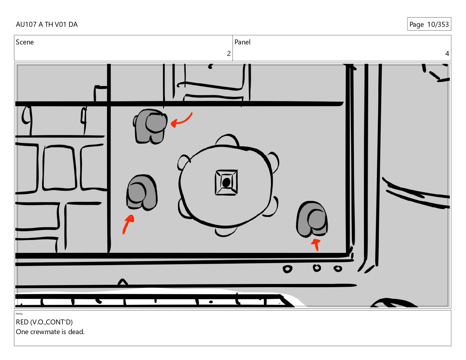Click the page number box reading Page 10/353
click(429, 24)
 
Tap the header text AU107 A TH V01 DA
click(47, 24)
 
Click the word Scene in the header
click(25, 42)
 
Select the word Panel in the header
click(242, 42)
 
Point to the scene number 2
click(229, 54)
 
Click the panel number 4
click(447, 54)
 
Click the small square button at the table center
click(226, 182)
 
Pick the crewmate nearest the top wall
click(150, 126)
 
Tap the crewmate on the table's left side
click(142, 193)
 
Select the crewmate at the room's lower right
click(312, 219)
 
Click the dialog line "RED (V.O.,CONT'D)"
click(44, 322)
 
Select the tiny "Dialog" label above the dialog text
click(19, 314)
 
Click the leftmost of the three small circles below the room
click(287, 269)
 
